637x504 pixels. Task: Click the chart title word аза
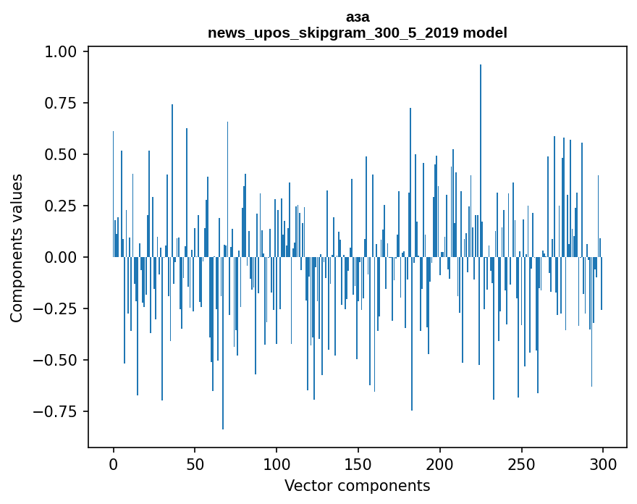[x=358, y=17]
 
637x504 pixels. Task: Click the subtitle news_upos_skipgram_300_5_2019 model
[x=358, y=33]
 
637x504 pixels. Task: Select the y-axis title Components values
[x=17, y=248]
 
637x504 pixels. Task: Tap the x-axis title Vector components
[x=358, y=486]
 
